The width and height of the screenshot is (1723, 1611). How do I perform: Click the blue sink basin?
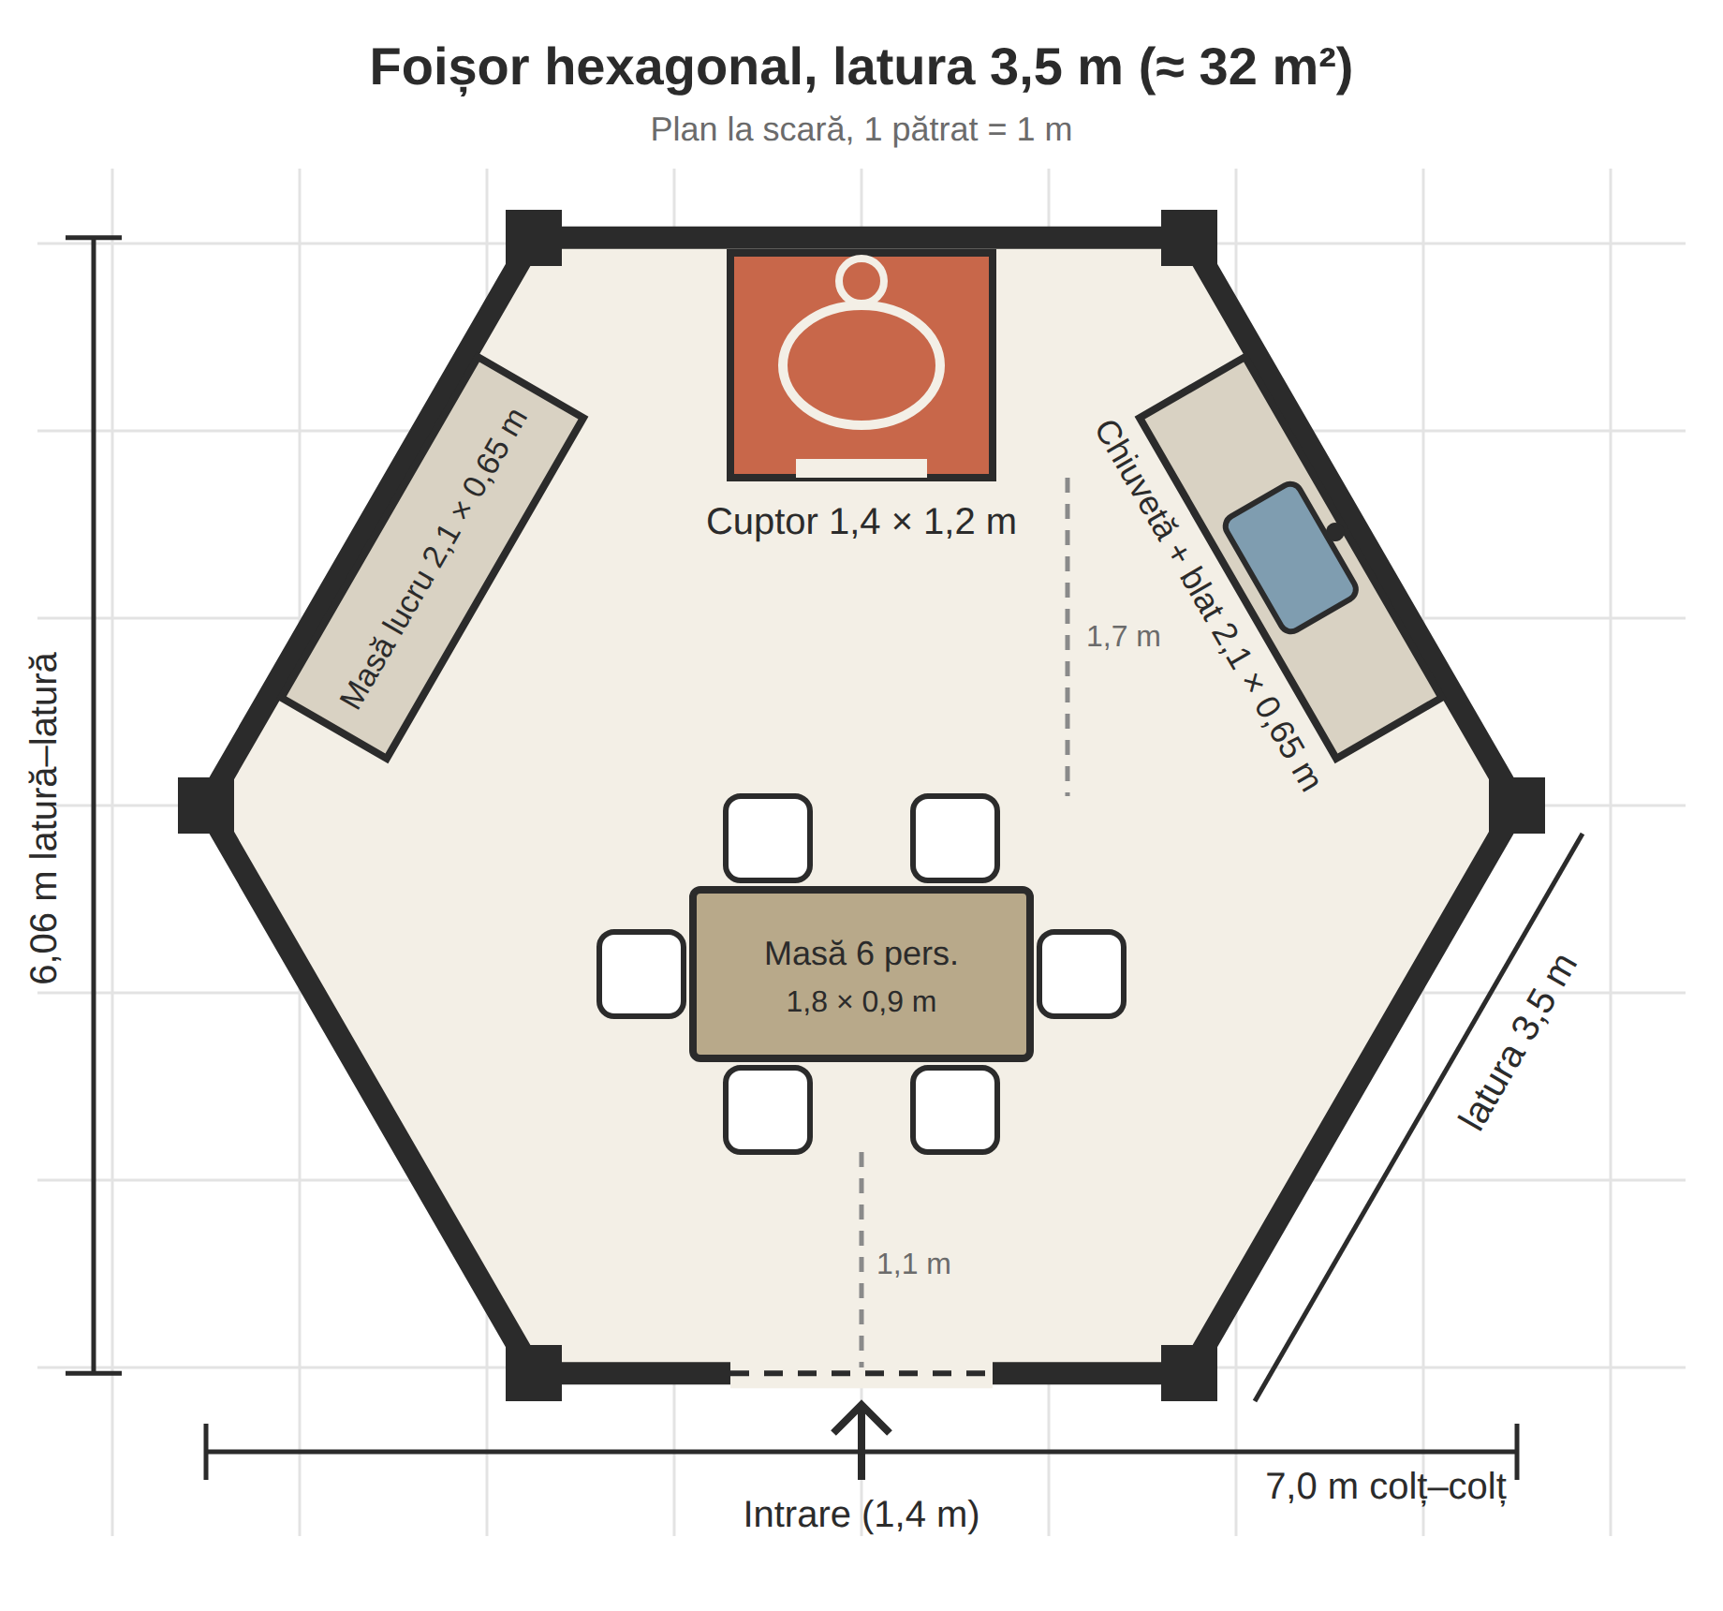[x=1290, y=557]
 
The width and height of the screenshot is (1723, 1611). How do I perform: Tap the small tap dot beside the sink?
[x=1335, y=531]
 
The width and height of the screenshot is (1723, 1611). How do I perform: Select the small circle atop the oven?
[x=861, y=279]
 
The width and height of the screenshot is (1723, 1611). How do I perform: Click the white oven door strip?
[x=861, y=468]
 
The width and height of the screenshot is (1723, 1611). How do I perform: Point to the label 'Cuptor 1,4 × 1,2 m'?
[x=861, y=522]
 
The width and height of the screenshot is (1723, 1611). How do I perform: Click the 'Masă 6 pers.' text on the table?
[x=861, y=953]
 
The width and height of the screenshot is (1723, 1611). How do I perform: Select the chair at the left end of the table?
[x=641, y=974]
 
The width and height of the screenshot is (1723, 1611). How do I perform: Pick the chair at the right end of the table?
[x=1082, y=974]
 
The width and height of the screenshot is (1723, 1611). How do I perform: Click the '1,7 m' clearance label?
[x=1123, y=637]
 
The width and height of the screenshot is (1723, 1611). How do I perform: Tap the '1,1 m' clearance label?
[x=913, y=1264]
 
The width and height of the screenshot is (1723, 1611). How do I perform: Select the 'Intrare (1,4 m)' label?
[x=861, y=1515]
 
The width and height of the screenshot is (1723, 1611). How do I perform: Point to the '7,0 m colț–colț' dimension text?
[x=1386, y=1486]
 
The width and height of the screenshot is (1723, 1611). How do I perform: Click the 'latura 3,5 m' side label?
[x=1518, y=1042]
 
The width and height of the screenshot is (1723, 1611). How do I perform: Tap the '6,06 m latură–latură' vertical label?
[x=44, y=818]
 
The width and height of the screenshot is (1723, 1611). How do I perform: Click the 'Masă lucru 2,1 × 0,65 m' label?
[x=434, y=559]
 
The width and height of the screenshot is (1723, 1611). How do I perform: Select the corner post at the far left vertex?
[x=206, y=805]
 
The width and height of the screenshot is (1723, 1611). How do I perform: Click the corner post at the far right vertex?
[x=1517, y=805]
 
